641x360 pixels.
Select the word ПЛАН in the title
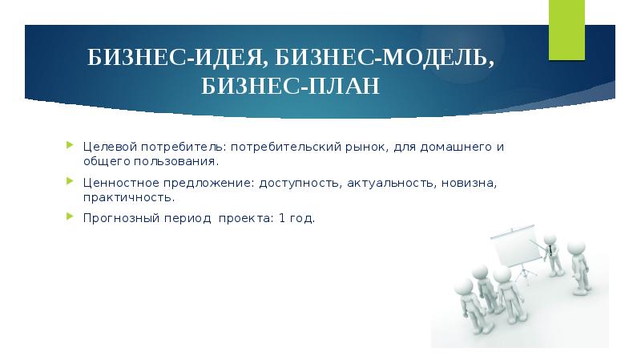(x=348, y=86)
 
